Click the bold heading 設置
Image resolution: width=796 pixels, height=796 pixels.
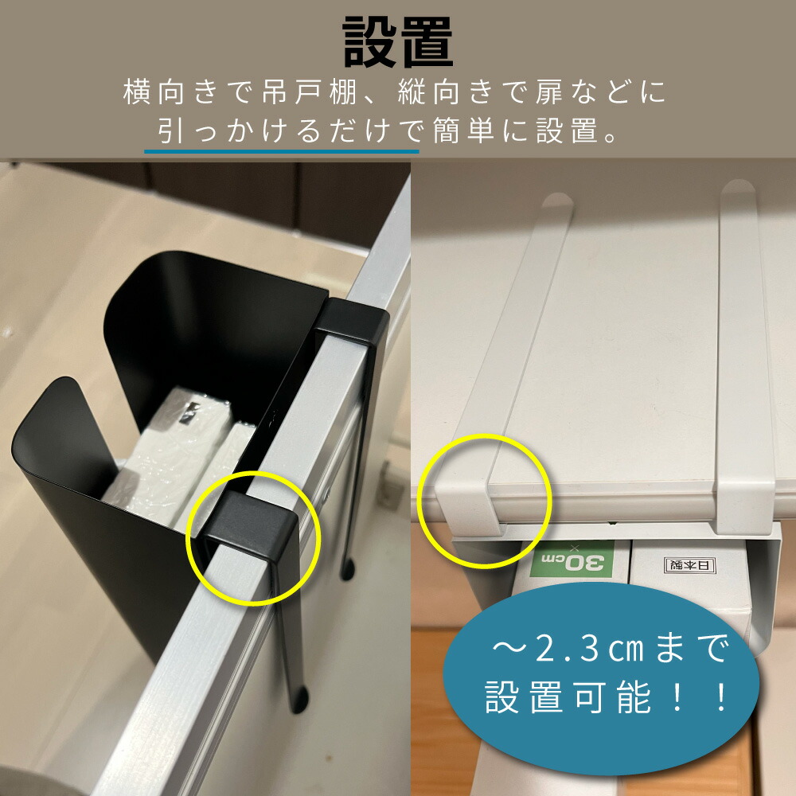(398, 42)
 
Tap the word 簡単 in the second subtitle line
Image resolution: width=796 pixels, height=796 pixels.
(463, 131)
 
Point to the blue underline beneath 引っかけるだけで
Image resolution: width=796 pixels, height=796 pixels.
(282, 151)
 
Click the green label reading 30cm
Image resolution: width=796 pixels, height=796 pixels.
(572, 560)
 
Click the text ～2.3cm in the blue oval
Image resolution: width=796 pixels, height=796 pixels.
(568, 648)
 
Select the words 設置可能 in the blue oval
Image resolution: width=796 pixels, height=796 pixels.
(568, 697)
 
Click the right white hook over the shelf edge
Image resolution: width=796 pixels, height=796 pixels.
(743, 508)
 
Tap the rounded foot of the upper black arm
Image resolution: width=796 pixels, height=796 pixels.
(347, 568)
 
